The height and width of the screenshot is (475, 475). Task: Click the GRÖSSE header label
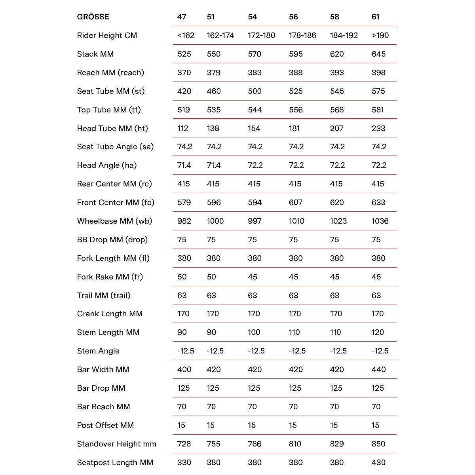pos(93,17)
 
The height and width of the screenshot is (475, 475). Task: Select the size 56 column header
pos(293,17)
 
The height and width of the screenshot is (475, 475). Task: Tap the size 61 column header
pos(376,17)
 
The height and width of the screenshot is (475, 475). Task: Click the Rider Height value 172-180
pos(261,35)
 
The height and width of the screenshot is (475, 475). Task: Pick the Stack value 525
pos(184,54)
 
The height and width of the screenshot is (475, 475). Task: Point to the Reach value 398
pos(378,72)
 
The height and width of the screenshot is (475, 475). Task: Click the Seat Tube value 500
pos(255,91)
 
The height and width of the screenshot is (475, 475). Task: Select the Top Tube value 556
pos(296,110)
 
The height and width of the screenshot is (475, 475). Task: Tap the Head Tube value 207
pos(337,128)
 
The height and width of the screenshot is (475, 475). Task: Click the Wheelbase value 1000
pos(215,221)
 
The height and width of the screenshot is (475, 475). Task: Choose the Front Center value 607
pos(296,202)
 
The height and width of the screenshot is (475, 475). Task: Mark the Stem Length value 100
pos(254,332)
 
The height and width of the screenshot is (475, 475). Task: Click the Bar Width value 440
pos(378,369)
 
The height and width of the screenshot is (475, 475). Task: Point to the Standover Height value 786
pos(255,444)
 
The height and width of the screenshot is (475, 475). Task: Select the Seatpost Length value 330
pos(184,462)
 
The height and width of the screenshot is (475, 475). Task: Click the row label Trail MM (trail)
pos(104,295)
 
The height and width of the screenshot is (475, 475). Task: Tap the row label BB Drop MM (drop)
pos(112,239)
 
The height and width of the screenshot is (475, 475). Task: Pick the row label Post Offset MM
pos(105,425)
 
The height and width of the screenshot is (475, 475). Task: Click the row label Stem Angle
pos(98,351)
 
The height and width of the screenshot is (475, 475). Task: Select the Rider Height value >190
pos(380,35)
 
